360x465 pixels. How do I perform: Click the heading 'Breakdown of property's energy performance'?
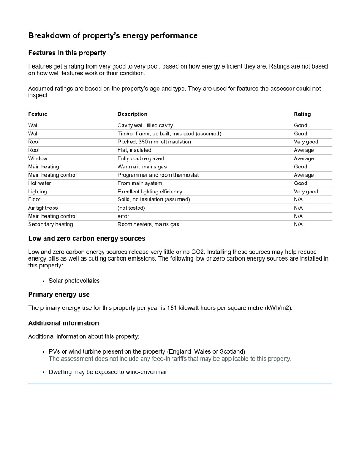click(x=113, y=35)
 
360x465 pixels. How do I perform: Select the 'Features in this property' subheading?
click(x=67, y=53)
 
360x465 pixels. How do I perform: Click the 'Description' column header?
click(x=132, y=114)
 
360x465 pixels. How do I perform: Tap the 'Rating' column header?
click(x=302, y=114)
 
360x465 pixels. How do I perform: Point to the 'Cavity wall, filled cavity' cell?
click(x=145, y=125)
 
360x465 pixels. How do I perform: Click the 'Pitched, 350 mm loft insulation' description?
click(x=154, y=142)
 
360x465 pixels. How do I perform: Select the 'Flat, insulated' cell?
click(x=134, y=150)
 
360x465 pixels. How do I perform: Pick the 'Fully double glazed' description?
click(x=141, y=158)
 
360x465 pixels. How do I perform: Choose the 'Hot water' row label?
click(x=39, y=183)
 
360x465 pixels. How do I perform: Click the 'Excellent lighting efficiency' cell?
click(x=149, y=192)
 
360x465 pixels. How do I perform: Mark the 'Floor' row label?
click(x=34, y=199)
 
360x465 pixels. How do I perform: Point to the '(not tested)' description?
click(x=131, y=208)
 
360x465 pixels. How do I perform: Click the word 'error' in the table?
click(x=123, y=216)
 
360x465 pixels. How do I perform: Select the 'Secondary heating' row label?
click(x=50, y=224)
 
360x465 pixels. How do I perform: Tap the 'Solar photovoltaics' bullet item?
click(x=74, y=281)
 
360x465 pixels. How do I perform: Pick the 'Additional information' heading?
click(x=63, y=323)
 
